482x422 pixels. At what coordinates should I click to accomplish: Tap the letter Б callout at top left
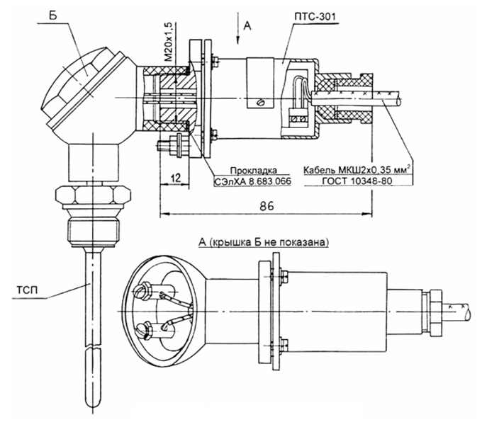click(x=53, y=16)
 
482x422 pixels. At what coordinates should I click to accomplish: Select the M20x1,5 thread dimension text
click(x=169, y=42)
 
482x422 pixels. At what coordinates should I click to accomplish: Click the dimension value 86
click(x=267, y=206)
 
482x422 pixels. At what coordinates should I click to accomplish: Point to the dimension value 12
click(x=175, y=178)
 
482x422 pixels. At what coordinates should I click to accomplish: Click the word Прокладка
click(x=253, y=171)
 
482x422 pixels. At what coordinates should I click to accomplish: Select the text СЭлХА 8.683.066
click(x=252, y=181)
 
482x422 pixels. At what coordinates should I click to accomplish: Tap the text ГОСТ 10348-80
click(x=357, y=181)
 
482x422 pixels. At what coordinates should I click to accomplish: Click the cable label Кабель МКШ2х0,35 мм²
click(x=357, y=169)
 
